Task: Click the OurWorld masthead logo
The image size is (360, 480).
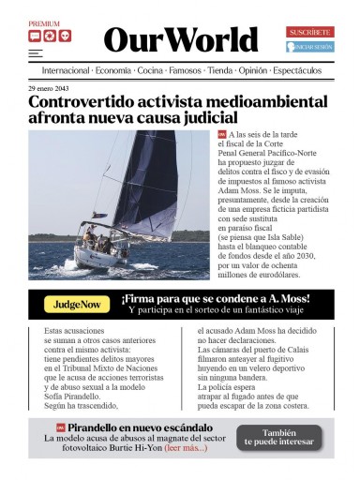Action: click(x=180, y=39)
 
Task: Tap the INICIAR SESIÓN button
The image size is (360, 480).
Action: click(x=310, y=46)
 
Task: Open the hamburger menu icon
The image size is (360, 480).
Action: click(x=35, y=54)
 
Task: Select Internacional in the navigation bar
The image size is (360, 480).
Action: click(x=66, y=70)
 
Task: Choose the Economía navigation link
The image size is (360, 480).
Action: click(x=112, y=70)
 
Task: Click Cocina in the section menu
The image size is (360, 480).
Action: click(x=150, y=70)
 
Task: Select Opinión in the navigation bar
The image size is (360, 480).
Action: click(x=252, y=70)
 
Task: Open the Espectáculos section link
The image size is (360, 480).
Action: click(x=297, y=70)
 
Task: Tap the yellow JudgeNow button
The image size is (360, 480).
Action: click(x=77, y=304)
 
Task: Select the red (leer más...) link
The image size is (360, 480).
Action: click(x=186, y=448)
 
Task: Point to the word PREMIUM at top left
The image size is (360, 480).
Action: click(x=44, y=24)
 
